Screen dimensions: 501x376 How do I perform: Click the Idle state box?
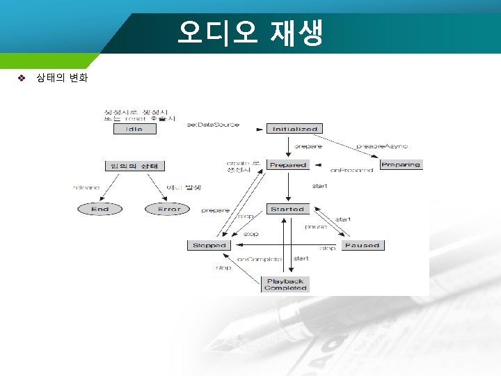point(134,130)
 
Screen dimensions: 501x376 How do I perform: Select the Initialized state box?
point(295,129)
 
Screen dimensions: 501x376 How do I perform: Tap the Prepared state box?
point(288,165)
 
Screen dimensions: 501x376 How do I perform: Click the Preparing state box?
point(401,165)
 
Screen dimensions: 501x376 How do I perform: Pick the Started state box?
point(287,209)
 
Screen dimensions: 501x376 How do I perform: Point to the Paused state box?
point(362,245)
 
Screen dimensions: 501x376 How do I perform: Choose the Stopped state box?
point(209,245)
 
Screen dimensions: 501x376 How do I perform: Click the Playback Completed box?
point(285,284)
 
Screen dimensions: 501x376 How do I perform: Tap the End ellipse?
point(100,209)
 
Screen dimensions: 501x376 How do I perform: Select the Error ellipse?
point(168,209)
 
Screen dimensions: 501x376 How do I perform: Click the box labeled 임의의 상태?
point(134,166)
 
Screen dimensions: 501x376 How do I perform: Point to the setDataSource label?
point(213,125)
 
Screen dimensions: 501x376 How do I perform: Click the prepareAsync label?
point(382,146)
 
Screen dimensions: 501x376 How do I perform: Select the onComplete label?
point(260,258)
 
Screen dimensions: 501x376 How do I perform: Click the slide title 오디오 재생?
point(250,33)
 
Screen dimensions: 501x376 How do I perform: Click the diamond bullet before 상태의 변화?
point(22,78)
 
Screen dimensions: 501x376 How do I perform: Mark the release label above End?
point(86,187)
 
